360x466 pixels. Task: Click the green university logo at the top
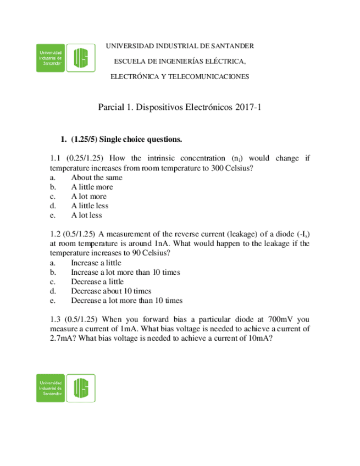tap(64, 58)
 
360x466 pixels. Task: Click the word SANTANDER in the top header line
tap(229, 46)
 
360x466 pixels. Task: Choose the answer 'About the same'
tap(97, 177)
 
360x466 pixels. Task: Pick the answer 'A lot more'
tap(88, 196)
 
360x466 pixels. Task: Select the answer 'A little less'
tap(90, 206)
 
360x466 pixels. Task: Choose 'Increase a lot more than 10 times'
tap(125, 272)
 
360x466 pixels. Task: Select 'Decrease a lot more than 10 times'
tap(126, 301)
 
